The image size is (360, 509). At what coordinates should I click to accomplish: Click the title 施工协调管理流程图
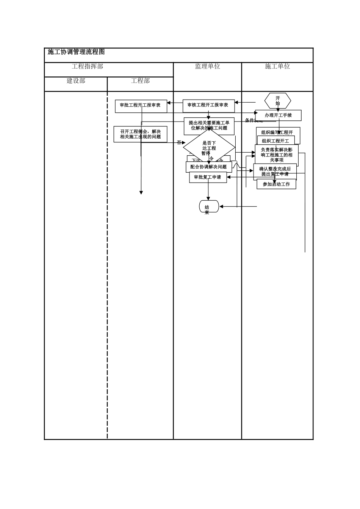(76, 52)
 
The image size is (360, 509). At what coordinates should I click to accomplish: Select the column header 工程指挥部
(88, 66)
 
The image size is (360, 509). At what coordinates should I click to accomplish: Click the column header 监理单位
(207, 66)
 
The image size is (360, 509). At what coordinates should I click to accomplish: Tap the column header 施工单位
(277, 66)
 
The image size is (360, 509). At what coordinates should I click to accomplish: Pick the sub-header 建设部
(76, 81)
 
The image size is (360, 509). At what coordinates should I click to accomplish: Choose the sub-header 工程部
(140, 81)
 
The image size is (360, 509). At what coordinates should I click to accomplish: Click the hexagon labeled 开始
(277, 101)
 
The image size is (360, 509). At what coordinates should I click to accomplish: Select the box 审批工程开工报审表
(141, 106)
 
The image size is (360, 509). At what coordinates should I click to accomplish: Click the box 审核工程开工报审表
(208, 106)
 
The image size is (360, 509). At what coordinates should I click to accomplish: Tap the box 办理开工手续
(278, 115)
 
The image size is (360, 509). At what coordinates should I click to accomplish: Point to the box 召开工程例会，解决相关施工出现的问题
(140, 134)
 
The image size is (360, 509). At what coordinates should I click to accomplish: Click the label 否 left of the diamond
(179, 143)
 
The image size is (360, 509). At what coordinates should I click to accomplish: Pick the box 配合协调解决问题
(208, 167)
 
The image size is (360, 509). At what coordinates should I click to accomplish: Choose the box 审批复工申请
(208, 177)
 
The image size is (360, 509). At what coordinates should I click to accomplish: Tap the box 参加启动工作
(276, 184)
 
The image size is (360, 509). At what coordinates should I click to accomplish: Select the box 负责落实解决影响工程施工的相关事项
(277, 155)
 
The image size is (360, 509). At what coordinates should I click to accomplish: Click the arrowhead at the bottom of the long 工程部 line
(141, 193)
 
